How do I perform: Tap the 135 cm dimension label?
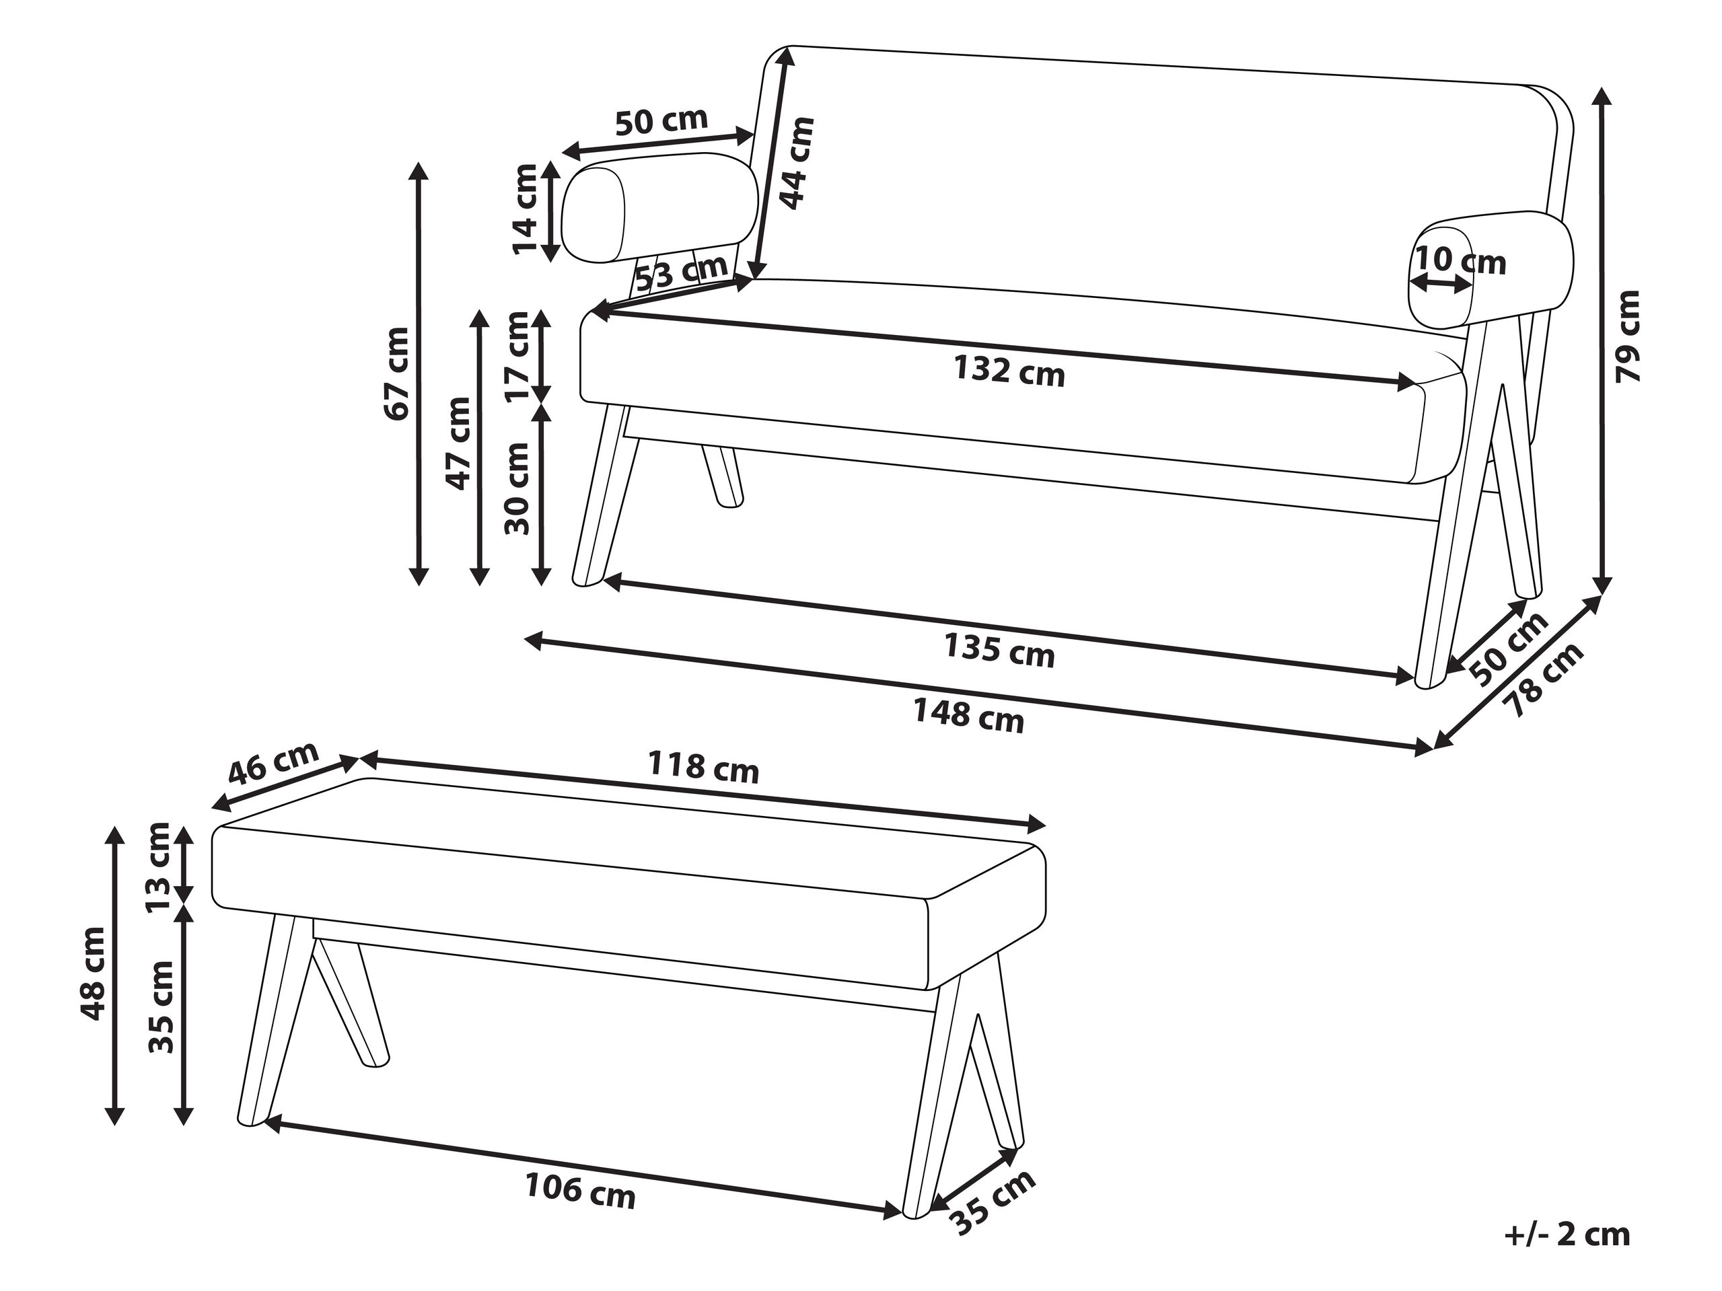point(999,650)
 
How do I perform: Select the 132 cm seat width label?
point(1009,371)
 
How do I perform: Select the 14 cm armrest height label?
point(526,209)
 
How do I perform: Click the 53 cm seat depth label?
point(682,273)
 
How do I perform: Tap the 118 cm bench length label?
point(703,768)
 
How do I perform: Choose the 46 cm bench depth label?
point(274,762)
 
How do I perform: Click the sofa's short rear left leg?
point(723,476)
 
